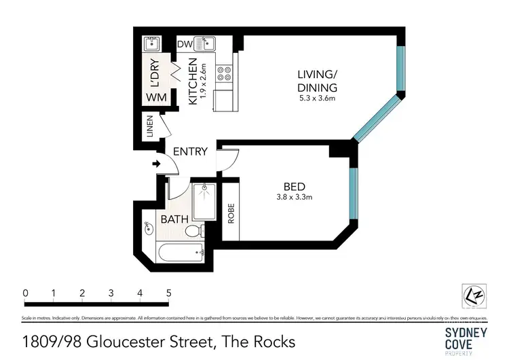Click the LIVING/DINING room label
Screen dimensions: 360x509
point(317,81)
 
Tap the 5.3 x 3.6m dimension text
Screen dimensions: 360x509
point(317,98)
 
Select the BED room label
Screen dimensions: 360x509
point(295,187)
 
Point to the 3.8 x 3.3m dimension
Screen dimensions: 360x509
point(295,198)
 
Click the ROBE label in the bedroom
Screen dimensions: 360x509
point(231,215)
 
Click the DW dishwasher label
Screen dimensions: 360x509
point(184,45)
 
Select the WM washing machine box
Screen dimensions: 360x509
point(155,97)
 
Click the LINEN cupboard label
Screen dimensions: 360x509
point(150,127)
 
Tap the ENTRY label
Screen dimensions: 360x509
point(189,151)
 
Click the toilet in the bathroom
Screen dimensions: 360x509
point(193,232)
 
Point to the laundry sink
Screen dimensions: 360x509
point(151,45)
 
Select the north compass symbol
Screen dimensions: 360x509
point(475,296)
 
